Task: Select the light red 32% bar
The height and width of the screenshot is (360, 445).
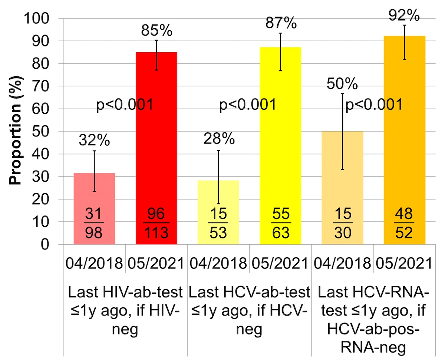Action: click(x=94, y=193)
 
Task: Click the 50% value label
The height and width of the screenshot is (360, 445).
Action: click(x=342, y=85)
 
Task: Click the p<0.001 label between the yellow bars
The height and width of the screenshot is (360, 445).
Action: click(x=248, y=105)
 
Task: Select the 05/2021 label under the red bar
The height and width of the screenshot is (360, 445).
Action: click(x=156, y=264)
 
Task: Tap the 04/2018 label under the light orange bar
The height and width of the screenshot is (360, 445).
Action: click(x=342, y=264)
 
